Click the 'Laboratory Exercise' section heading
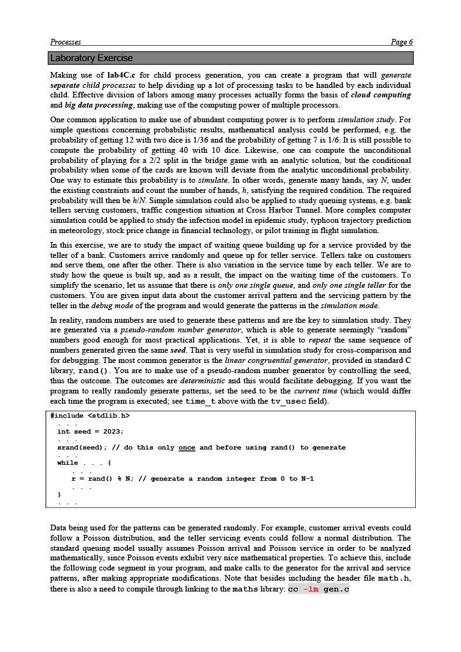coord(92,58)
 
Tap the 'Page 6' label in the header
coord(402,42)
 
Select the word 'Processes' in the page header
coord(66,42)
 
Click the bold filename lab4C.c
coord(121,75)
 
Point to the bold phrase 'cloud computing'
coord(381,95)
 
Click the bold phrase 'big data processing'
coord(99,105)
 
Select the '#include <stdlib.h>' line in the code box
coord(90,416)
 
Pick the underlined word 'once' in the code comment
coord(187,448)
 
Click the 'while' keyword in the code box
coord(67,463)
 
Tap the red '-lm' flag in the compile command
coord(311,589)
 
